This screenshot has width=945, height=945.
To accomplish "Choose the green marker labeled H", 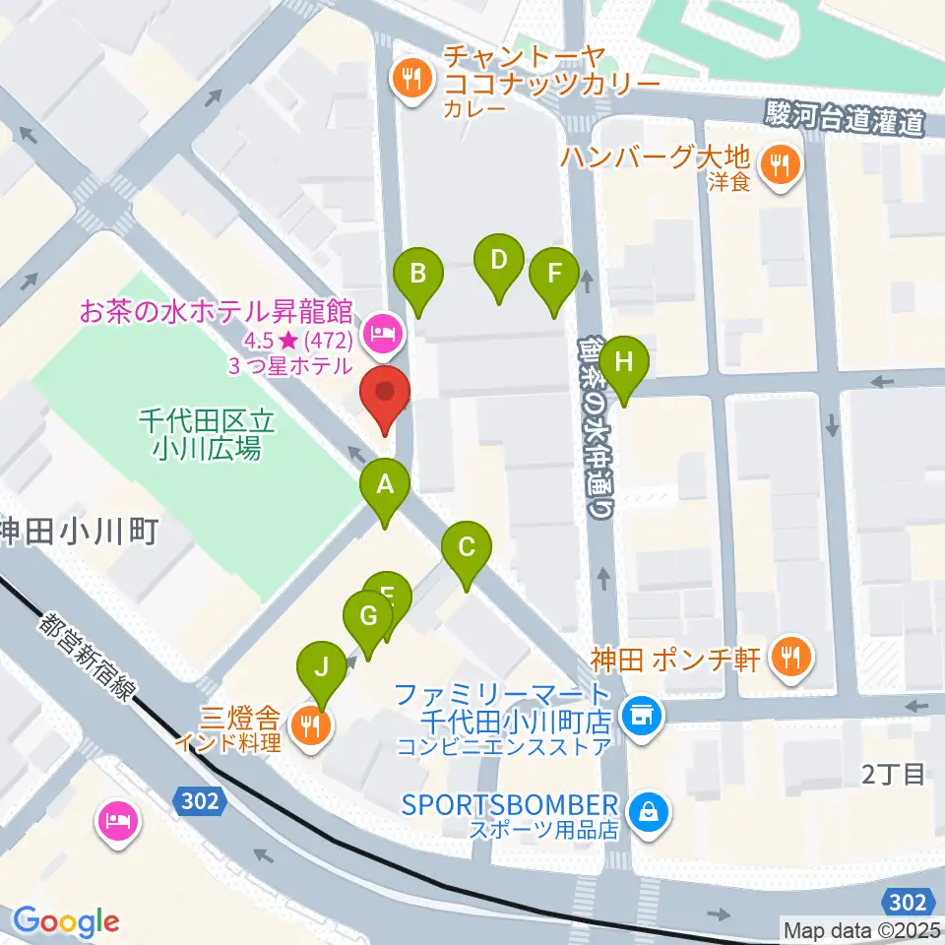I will tap(624, 364).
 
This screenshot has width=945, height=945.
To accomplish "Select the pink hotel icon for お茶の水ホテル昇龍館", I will tap(380, 335).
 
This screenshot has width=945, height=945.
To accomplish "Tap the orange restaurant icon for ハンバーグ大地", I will tap(782, 164).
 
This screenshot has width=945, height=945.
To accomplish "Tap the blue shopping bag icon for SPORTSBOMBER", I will tap(650, 812).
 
